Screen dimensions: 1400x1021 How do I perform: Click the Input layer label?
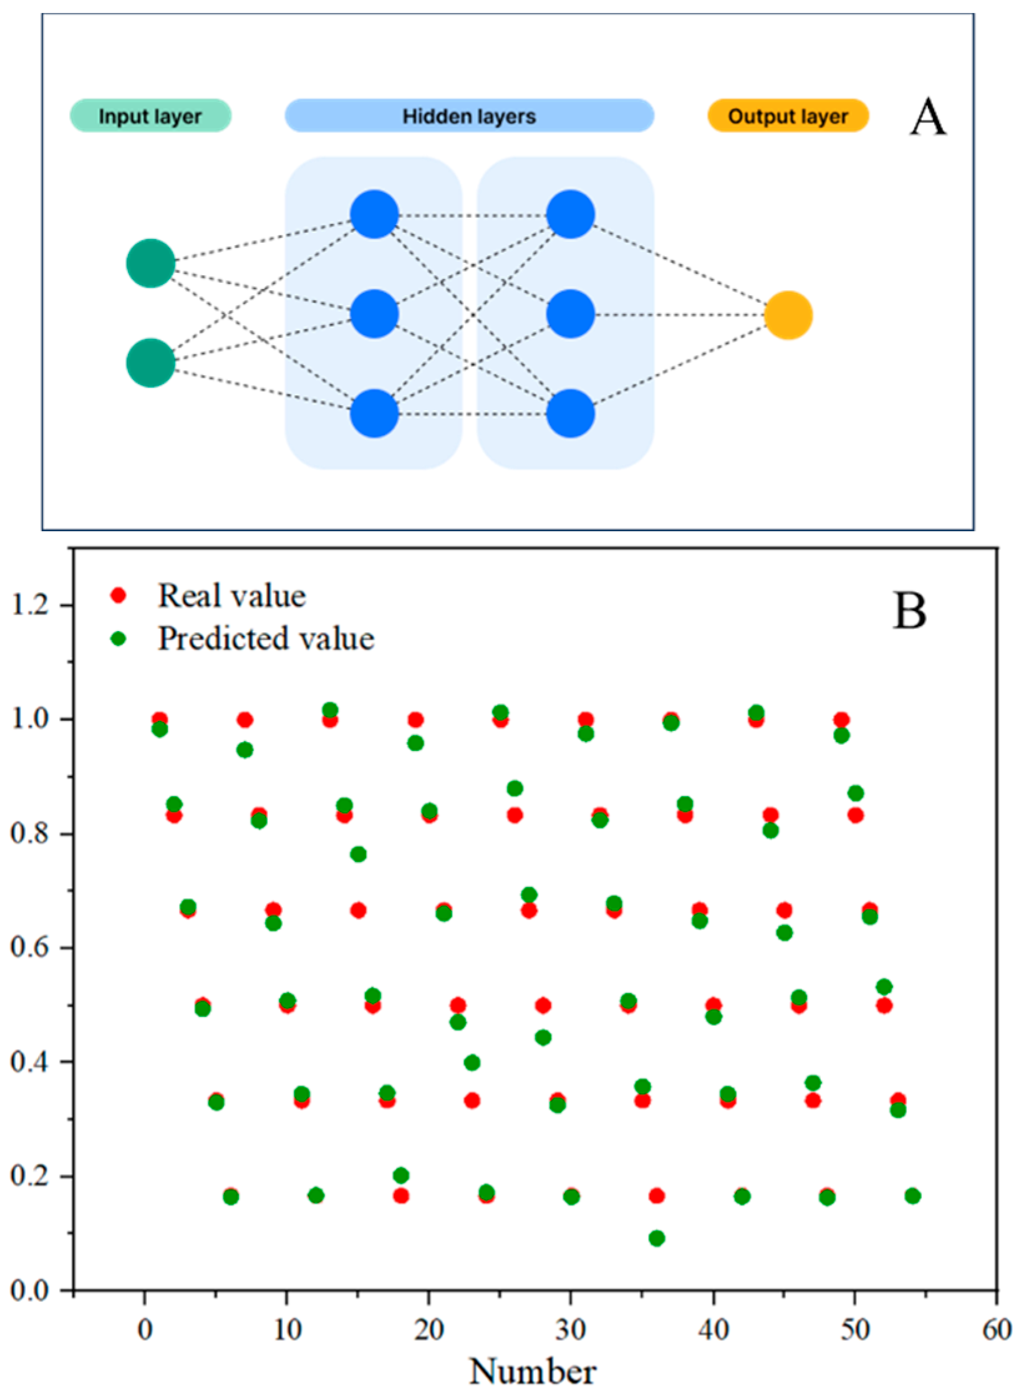[x=150, y=116]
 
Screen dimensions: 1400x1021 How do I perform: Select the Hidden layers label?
[x=469, y=116]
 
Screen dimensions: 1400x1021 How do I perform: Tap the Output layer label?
[x=788, y=116]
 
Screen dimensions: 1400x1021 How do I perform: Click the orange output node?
[x=788, y=315]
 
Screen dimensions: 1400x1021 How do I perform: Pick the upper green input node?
[x=150, y=263]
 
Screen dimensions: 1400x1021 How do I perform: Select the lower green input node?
[x=150, y=363]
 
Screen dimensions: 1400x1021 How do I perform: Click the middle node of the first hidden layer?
[x=374, y=314]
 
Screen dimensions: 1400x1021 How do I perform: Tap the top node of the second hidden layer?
[x=571, y=214]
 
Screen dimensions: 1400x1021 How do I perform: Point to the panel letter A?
[x=927, y=117]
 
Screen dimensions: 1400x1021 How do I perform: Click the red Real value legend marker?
[x=119, y=595]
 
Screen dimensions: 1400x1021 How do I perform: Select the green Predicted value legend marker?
[x=119, y=638]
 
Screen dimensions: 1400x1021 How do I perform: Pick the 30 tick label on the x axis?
[x=570, y=1330]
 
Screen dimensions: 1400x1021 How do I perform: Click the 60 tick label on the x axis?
[x=996, y=1330]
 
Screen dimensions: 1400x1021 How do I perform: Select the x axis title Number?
[x=533, y=1372]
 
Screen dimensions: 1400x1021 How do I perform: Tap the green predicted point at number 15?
[x=358, y=854]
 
